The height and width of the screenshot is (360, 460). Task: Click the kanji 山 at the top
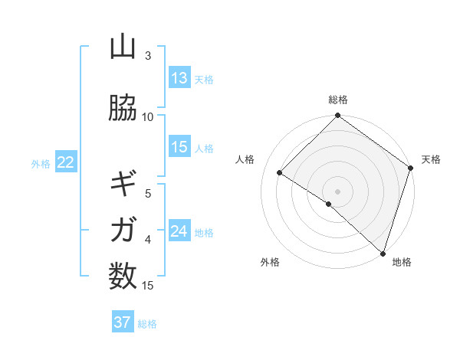pyautogui.click(x=123, y=47)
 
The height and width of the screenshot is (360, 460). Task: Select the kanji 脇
pyautogui.click(x=123, y=108)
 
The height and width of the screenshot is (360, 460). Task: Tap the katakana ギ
pyautogui.click(x=123, y=184)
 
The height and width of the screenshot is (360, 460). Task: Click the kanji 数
pyautogui.click(x=123, y=275)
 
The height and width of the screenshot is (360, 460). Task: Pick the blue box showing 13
pyautogui.click(x=179, y=78)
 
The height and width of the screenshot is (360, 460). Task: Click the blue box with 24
pyautogui.click(x=179, y=231)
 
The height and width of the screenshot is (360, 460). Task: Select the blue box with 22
pyautogui.click(x=65, y=162)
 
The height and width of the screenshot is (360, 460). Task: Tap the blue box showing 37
pyautogui.click(x=122, y=322)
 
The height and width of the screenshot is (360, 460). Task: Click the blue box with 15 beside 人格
pyautogui.click(x=179, y=147)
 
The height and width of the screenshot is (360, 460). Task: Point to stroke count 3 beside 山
pyautogui.click(x=148, y=56)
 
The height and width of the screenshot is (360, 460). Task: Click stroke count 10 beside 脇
pyautogui.click(x=148, y=117)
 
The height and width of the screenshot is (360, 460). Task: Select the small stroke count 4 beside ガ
pyautogui.click(x=148, y=239)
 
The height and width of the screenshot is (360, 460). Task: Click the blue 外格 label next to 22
pyautogui.click(x=41, y=163)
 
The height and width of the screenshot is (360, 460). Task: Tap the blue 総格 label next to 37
pyautogui.click(x=147, y=324)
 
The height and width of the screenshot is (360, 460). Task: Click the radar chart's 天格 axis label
pyautogui.click(x=431, y=159)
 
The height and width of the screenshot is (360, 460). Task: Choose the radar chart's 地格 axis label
pyautogui.click(x=402, y=262)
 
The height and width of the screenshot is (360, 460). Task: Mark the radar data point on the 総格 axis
pyautogui.click(x=337, y=116)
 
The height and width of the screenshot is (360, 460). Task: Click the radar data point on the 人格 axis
pyautogui.click(x=280, y=173)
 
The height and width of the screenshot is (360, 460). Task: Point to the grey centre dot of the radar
pyautogui.click(x=337, y=191)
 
